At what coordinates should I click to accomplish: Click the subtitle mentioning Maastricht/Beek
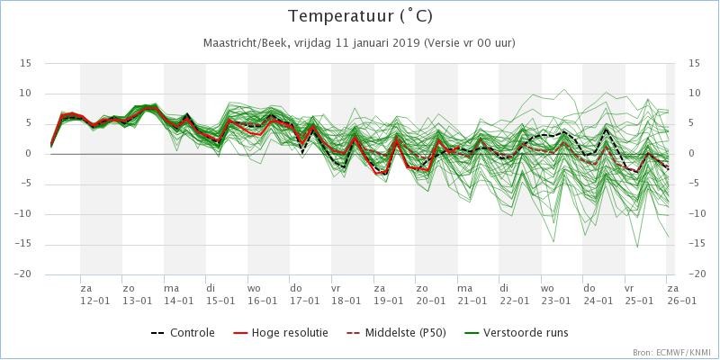point(360,42)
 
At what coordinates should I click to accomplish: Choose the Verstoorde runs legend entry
point(526,333)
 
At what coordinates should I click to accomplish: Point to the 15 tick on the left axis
point(26,63)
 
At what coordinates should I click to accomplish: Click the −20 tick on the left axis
point(23,274)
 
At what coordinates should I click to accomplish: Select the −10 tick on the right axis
point(696,214)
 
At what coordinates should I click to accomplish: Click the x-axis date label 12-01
point(94,300)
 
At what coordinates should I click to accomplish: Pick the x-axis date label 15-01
point(220,300)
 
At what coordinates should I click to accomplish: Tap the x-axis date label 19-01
point(388,300)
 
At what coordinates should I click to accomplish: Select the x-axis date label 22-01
point(514,300)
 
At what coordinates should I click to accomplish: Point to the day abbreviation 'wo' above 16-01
point(254,288)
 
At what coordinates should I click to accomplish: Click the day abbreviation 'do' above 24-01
point(589,288)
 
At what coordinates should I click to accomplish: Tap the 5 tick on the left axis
point(29,123)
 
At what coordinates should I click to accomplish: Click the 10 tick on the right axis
point(694,94)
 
